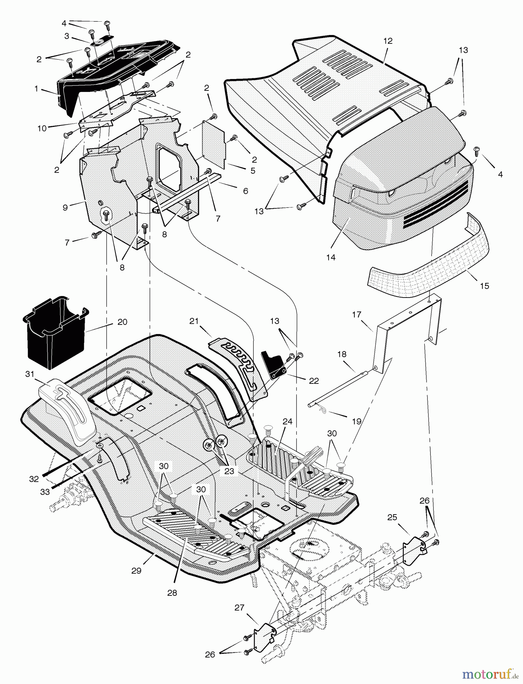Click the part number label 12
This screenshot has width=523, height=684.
coord(388,41)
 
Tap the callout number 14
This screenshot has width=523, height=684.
coord(330,257)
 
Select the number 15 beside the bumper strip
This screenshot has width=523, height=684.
coord(484,286)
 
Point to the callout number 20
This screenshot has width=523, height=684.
coord(122,322)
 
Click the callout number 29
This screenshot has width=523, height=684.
coord(136,570)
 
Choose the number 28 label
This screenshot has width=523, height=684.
coord(172,593)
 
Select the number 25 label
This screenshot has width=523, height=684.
coord(392,517)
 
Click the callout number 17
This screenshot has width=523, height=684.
coord(357,315)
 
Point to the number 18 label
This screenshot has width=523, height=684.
coord(342,354)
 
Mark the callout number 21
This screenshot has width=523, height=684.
coord(194,321)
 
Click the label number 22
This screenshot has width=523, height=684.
coord(314,381)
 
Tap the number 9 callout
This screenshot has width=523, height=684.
coord(65,207)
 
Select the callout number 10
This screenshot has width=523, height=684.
coord(42,128)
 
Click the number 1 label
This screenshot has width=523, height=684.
coord(36,89)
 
